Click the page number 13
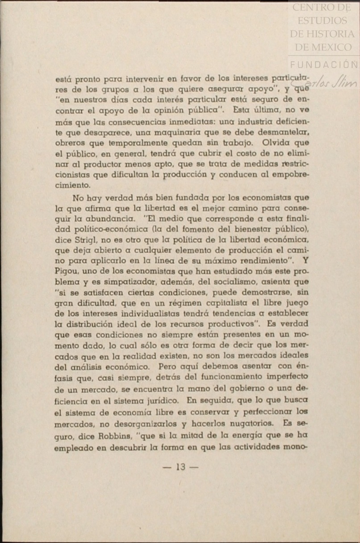point(181,467)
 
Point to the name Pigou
point(67,271)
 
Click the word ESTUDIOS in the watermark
point(322,20)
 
